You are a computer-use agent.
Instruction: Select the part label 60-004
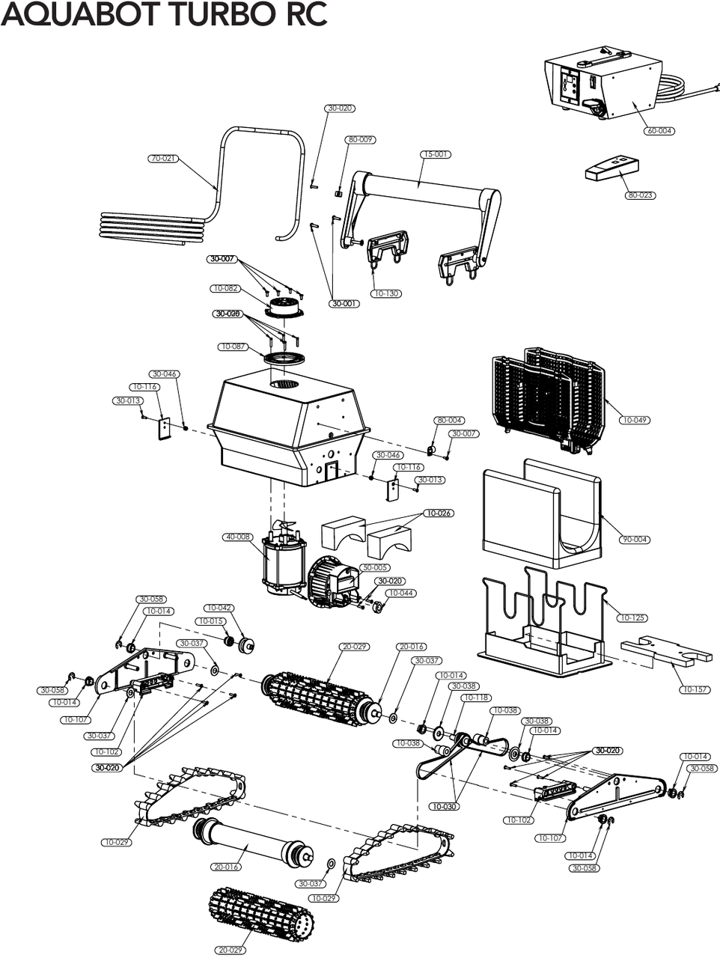(659, 131)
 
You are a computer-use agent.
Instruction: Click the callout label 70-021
(164, 159)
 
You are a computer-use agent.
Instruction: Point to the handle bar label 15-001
(436, 154)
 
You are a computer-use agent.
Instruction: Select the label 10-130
(385, 293)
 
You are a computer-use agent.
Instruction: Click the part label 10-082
(225, 288)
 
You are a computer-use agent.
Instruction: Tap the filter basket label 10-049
(635, 420)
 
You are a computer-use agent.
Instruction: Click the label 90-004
(635, 540)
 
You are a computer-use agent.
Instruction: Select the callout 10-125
(632, 618)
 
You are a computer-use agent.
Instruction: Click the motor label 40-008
(238, 537)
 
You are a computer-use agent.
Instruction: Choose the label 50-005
(375, 567)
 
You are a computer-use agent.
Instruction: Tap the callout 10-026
(439, 513)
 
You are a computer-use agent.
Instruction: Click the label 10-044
(401, 593)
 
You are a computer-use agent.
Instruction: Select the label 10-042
(219, 608)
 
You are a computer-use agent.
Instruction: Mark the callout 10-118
(477, 698)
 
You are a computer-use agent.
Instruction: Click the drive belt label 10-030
(444, 807)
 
